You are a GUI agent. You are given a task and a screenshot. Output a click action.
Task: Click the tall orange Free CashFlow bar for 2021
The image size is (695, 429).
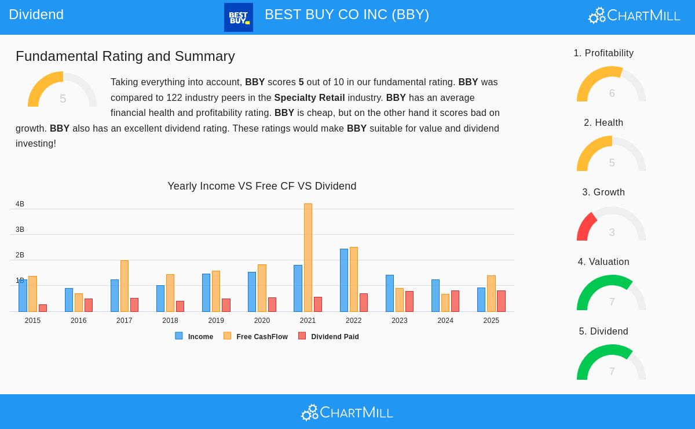pos(308,257)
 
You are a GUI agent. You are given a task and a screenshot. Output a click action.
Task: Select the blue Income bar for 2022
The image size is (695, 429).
pos(344,280)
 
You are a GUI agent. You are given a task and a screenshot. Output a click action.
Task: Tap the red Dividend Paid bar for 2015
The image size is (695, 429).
pos(43,308)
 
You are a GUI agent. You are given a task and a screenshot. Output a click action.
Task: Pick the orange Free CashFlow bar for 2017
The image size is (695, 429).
pos(125,286)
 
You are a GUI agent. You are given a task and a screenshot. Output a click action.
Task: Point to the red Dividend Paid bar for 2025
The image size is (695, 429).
pos(501,301)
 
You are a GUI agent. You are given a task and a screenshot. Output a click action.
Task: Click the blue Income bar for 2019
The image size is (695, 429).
pos(206,293)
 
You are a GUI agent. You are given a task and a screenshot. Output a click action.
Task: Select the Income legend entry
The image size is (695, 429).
pos(195,336)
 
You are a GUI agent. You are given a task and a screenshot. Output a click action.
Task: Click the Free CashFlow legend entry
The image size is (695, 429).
pos(256,336)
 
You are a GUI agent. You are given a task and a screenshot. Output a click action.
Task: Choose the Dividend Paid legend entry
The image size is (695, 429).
pos(329,336)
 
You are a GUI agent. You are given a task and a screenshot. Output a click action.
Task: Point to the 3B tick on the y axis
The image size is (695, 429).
pos(20,230)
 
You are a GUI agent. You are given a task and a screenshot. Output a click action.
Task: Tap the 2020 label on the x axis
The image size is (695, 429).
pos(262,321)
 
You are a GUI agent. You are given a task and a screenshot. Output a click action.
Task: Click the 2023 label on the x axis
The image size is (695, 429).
pos(400,321)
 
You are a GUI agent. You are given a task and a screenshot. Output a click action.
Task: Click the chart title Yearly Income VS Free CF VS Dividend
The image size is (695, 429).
pos(262,186)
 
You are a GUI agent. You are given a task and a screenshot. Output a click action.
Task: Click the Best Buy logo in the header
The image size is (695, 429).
pos(239,17)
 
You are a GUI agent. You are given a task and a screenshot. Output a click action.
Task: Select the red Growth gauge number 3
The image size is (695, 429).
pos(612,232)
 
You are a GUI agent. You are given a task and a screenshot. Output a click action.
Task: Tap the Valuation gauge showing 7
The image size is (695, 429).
pos(612,293)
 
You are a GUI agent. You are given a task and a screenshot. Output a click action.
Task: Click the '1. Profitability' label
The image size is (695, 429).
pos(603,53)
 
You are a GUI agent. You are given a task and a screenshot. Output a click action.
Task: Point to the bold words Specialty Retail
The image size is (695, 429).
pos(309,97)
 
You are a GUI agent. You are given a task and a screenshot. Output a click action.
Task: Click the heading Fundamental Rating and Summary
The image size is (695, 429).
pos(125,56)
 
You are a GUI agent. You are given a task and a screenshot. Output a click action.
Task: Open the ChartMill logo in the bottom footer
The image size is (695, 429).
pos(348,412)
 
